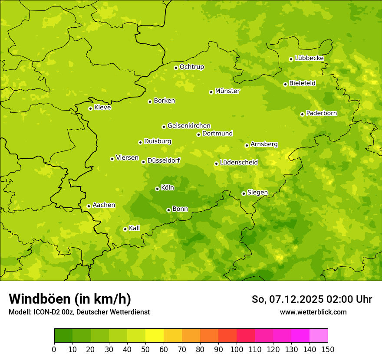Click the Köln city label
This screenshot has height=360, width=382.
(168, 188)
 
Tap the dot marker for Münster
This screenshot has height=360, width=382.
(211, 92)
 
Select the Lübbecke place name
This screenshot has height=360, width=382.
(309, 58)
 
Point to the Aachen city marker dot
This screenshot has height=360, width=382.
(89, 206)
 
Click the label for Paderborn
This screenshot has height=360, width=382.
(321, 113)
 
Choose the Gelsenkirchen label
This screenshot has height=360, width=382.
(189, 126)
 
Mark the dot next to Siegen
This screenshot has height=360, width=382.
(244, 193)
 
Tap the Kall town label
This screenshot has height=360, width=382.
(134, 228)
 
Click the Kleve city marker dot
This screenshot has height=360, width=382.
(90, 108)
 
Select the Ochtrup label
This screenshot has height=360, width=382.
(191, 67)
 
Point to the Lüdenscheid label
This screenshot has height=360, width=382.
(239, 163)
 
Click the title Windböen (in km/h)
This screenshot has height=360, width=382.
(69, 299)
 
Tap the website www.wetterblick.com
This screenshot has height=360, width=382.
(313, 312)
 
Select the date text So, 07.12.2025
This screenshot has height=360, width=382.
(287, 299)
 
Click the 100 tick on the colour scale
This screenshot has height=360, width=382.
(237, 349)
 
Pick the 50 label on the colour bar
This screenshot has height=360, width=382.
(145, 349)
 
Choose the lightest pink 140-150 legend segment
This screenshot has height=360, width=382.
(319, 336)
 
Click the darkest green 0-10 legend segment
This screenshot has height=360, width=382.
(63, 336)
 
